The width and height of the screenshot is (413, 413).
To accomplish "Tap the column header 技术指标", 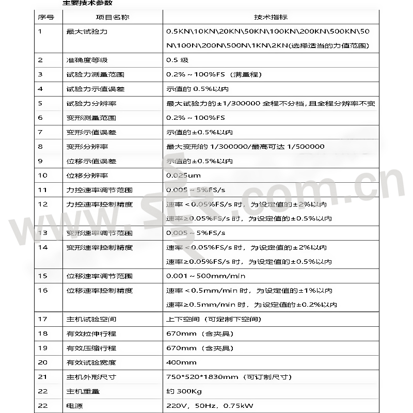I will tap(271, 17).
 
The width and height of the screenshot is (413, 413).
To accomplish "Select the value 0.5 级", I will tap(177, 60).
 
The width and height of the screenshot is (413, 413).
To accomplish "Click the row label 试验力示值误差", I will tap(96, 89).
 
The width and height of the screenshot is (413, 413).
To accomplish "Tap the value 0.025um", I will tap(183, 176).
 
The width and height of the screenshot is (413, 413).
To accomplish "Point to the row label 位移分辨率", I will tap(87, 176).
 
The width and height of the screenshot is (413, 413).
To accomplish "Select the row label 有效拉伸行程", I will tap(91, 333).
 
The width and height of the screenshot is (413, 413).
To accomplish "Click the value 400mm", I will tap(181, 362).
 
